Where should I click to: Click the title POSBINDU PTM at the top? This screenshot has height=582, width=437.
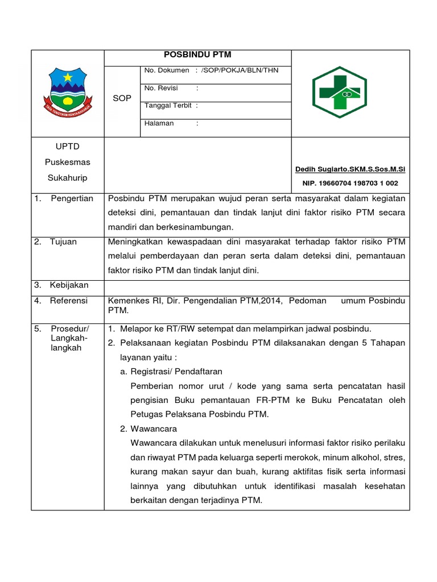tap(197, 55)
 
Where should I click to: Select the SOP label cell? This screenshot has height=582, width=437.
tap(122, 98)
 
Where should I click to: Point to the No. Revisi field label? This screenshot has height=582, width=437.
tap(161, 88)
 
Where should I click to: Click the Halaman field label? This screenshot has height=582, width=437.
tap(159, 123)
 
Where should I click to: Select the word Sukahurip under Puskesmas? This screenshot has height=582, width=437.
tap(67, 178)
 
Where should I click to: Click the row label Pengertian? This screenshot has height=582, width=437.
tap(72, 198)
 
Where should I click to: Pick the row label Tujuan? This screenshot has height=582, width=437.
tap(63, 242)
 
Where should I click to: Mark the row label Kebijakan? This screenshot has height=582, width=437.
tap(69, 285)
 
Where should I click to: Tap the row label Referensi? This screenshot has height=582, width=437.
tap(68, 301)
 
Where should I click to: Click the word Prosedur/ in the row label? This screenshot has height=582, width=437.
tap(70, 329)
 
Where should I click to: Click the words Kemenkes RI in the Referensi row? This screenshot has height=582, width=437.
tap(130, 301)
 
